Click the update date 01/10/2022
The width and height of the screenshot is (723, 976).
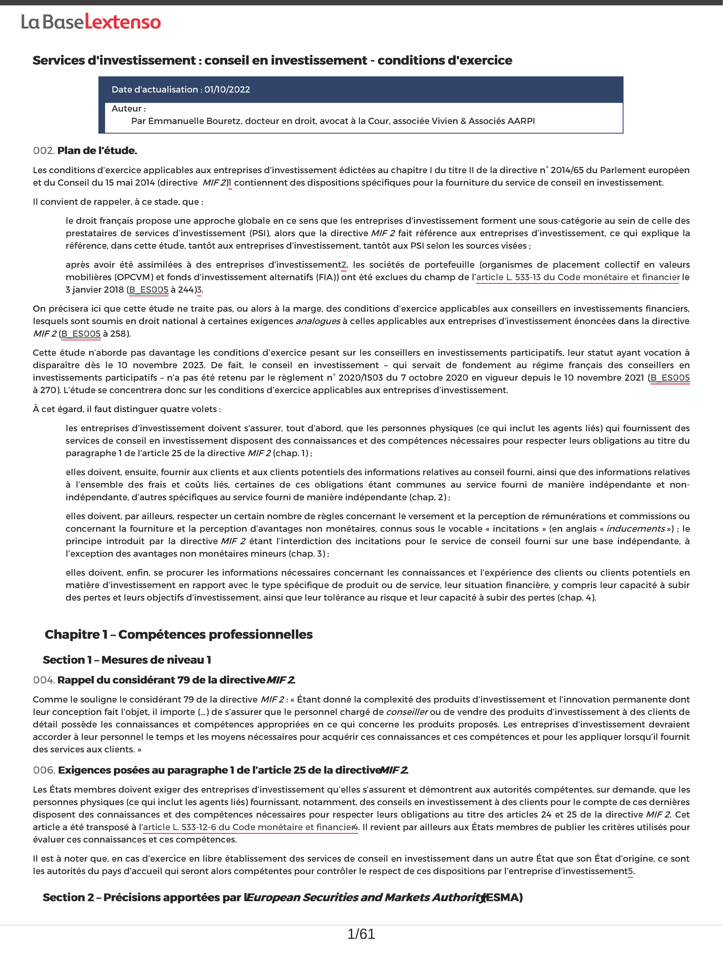click(227, 90)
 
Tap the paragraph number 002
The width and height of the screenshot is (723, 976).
click(43, 151)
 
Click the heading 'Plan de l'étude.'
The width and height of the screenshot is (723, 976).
click(97, 151)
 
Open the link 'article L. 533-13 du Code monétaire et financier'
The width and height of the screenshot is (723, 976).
click(578, 277)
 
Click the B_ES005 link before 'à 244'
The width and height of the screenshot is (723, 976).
click(149, 290)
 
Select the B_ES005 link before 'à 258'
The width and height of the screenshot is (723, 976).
click(81, 334)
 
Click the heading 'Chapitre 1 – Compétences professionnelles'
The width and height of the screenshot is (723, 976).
click(179, 634)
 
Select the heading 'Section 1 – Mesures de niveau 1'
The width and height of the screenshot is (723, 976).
click(127, 660)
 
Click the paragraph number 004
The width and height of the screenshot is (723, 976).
click(43, 680)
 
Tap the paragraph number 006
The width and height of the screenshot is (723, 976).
click(43, 770)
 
